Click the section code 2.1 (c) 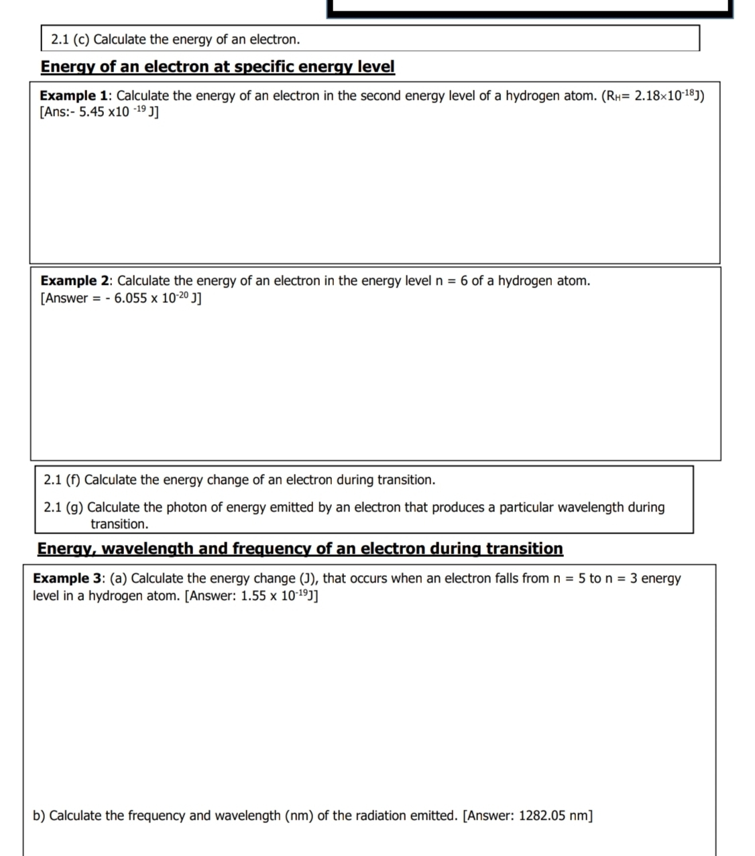pyautogui.click(x=70, y=40)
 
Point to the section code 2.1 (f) pyautogui.click(x=62, y=480)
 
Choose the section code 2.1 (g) pyautogui.click(x=63, y=507)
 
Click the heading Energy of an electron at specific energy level pyautogui.click(x=217, y=67)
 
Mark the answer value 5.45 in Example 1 pyautogui.click(x=91, y=113)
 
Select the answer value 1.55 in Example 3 pyautogui.click(x=253, y=596)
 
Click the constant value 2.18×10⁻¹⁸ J pyautogui.click(x=668, y=96)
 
